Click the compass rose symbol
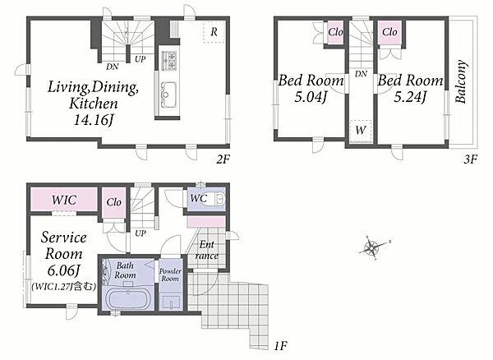(x=374, y=247)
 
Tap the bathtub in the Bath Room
(x=128, y=299)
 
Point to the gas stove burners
(x=169, y=61)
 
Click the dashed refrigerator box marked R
(x=214, y=32)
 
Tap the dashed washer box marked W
(x=361, y=131)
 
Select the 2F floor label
(x=223, y=160)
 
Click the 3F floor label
(x=470, y=159)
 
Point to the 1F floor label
(x=281, y=347)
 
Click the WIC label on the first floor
(x=64, y=200)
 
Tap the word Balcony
(x=461, y=81)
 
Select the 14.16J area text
(x=94, y=120)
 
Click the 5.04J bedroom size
(x=311, y=96)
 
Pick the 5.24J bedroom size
(x=410, y=97)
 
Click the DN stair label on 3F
(x=361, y=74)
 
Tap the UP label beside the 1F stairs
(x=141, y=233)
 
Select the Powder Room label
(x=170, y=275)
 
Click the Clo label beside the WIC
(x=113, y=202)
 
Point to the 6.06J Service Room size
(x=64, y=270)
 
